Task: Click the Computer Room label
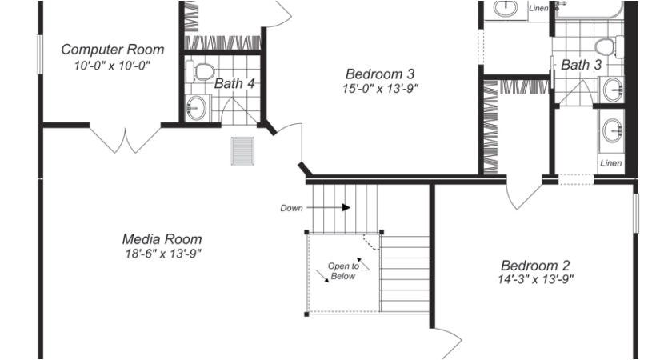[x=112, y=50]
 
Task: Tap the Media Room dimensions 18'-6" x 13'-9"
[x=162, y=254]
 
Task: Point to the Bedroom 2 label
[x=535, y=266]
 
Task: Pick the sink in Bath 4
[x=197, y=106]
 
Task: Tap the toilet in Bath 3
[x=607, y=46]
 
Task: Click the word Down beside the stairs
[x=291, y=208]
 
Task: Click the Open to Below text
[x=342, y=271]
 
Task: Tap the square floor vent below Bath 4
[x=242, y=150]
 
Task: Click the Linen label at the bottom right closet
[x=610, y=163]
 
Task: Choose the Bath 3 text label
[x=581, y=65]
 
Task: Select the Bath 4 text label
[x=234, y=83]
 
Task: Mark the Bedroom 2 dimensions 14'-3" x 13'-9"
[x=535, y=279]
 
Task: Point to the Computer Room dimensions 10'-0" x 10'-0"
[x=112, y=65]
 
